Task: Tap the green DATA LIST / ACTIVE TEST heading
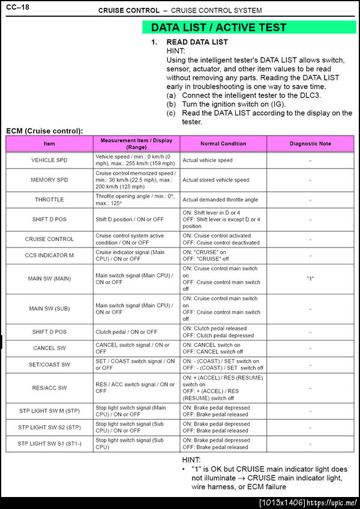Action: click(x=218, y=28)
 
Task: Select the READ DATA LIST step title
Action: click(x=197, y=43)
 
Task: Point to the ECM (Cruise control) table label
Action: click(x=44, y=131)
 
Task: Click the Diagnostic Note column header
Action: click(x=310, y=144)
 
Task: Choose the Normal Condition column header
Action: click(x=223, y=144)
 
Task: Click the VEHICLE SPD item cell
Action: click(x=49, y=160)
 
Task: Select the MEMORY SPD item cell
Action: click(x=49, y=180)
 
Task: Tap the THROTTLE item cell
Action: click(x=49, y=200)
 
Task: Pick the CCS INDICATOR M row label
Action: click(x=49, y=255)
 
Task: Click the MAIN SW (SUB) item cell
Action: click(x=49, y=309)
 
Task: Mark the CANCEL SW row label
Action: click(x=49, y=348)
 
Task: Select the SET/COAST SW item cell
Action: click(x=49, y=365)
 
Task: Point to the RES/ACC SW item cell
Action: click(x=49, y=388)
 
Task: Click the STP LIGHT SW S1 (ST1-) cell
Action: click(x=49, y=444)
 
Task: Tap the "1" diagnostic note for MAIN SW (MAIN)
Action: click(x=310, y=279)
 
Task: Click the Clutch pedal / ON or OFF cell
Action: click(x=127, y=332)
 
